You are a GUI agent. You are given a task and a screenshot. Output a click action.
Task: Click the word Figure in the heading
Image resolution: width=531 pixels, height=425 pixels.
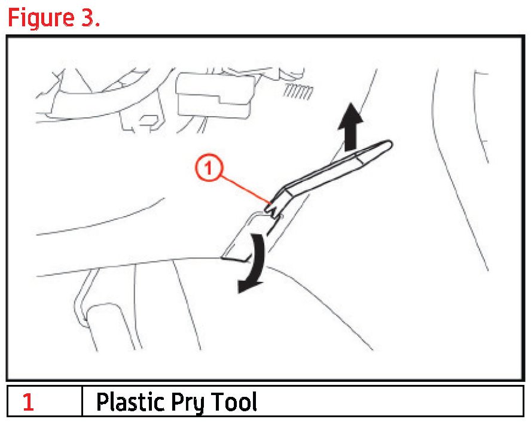coord(41,19)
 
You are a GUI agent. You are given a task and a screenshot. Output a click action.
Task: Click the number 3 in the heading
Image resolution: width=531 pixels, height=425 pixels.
coord(87,17)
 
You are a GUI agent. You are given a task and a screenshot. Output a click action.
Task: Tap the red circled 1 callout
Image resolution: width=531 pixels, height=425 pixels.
coord(209,168)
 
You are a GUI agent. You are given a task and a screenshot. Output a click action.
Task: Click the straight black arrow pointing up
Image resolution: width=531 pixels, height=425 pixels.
coord(351,126)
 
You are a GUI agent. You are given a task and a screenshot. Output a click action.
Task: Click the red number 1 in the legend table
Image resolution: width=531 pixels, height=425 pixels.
coord(29,402)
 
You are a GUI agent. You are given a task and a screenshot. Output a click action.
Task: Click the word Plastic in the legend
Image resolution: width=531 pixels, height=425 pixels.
coord(130,402)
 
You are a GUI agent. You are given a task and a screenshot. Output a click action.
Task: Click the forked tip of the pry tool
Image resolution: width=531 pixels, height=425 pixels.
coord(273,208)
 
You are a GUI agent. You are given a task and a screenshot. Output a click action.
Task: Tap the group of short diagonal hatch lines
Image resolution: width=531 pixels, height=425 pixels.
coord(298,92)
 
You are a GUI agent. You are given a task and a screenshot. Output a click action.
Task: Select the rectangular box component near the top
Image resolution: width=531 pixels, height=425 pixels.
coord(215,95)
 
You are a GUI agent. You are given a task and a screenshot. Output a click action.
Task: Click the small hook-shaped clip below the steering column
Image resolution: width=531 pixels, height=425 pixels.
coord(151,123)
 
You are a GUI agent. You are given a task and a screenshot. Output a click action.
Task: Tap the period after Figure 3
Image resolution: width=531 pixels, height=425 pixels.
coord(97,25)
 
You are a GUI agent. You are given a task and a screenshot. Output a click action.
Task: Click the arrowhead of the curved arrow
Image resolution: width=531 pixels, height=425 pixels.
coord(248,286)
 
